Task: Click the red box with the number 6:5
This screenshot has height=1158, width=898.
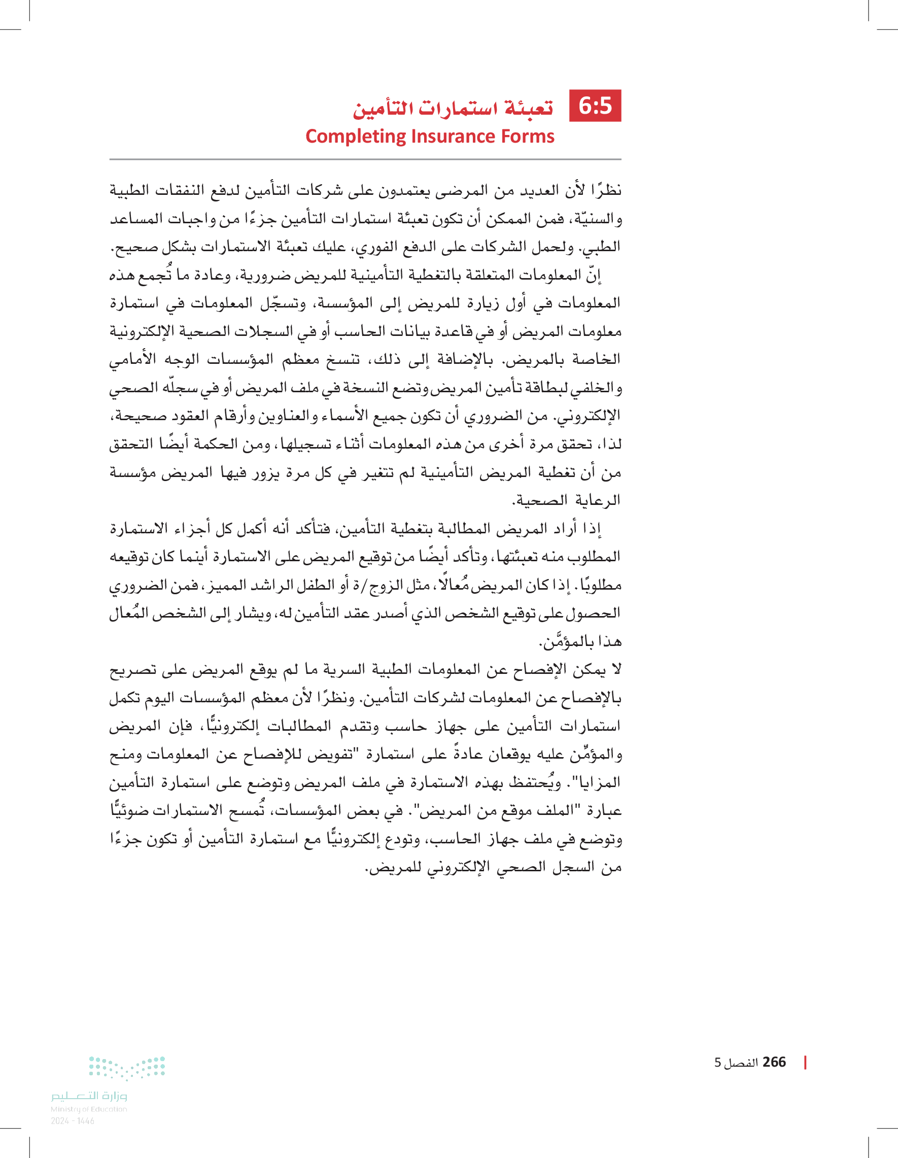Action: [x=595, y=106]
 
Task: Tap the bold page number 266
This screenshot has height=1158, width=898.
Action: [x=774, y=1062]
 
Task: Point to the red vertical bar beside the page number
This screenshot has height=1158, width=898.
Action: [x=805, y=1062]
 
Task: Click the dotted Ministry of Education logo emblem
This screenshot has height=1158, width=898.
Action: [x=127, y=1067]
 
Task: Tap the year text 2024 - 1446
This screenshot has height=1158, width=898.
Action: [x=73, y=1121]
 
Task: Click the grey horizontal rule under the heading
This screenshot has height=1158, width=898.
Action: [x=365, y=159]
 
